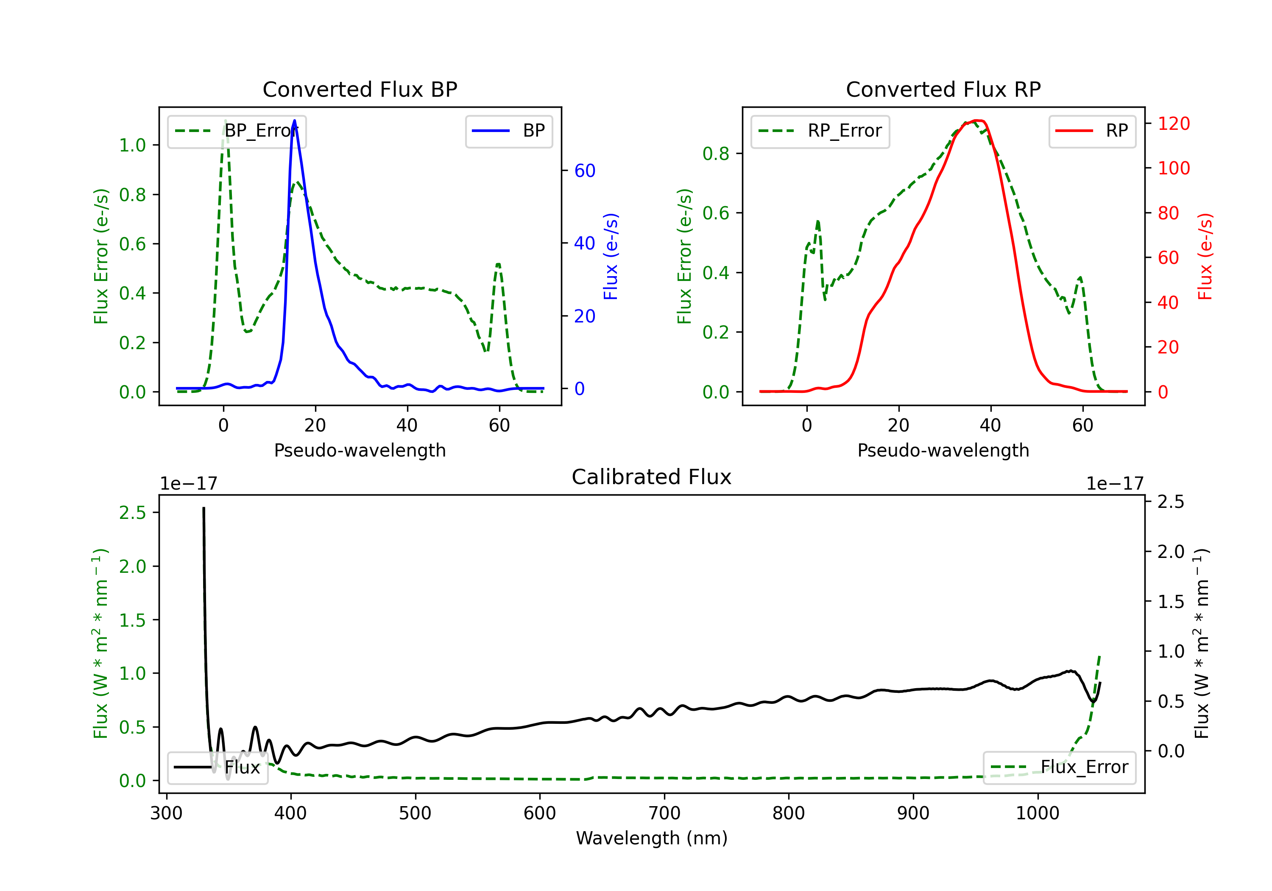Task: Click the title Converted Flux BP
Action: (360, 89)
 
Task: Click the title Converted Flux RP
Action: (943, 89)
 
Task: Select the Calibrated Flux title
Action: (652, 477)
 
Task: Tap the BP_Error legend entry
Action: (237, 131)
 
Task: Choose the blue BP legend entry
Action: (508, 131)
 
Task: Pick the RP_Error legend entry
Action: (820, 131)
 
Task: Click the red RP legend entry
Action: (1092, 131)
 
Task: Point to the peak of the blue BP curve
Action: (294, 120)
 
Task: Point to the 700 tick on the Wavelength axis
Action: (664, 813)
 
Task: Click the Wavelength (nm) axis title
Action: (652, 838)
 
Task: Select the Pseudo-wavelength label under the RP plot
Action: (943, 450)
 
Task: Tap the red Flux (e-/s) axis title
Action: (1205, 256)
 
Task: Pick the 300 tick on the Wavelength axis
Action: (167, 813)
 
